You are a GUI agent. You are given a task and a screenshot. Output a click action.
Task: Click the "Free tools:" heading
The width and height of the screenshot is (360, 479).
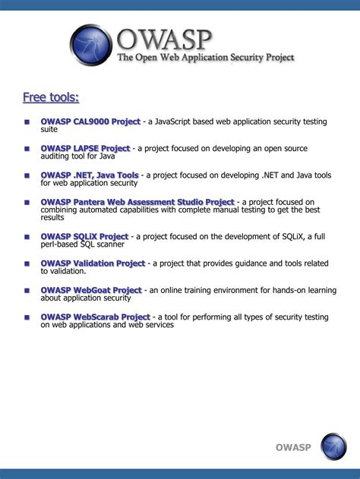click(x=50, y=97)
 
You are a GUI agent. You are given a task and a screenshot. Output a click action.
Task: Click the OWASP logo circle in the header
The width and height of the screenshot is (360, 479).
click(x=91, y=46)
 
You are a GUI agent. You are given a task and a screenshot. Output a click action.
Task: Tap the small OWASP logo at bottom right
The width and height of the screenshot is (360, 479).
click(x=333, y=446)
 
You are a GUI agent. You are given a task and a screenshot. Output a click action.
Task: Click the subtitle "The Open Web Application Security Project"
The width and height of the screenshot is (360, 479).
click(x=205, y=58)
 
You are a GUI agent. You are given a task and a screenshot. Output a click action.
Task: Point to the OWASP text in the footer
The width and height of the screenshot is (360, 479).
click(x=293, y=447)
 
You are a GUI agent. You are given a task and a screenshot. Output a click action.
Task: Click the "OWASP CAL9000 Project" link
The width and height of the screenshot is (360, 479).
click(x=90, y=121)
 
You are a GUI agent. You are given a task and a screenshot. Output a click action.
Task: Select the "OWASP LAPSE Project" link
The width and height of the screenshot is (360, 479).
click(x=85, y=148)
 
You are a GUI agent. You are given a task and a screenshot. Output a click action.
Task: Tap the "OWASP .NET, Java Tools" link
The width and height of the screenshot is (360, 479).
click(x=90, y=175)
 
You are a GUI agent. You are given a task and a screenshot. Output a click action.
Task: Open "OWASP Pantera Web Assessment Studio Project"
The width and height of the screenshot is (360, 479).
click(x=137, y=202)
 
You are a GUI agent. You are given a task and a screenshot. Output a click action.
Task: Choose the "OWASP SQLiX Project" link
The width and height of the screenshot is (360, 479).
click(x=84, y=236)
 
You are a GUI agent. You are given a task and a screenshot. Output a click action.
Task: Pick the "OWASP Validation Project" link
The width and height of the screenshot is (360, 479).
click(x=93, y=263)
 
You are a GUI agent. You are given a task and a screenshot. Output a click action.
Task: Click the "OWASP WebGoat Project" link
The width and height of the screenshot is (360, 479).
click(x=91, y=290)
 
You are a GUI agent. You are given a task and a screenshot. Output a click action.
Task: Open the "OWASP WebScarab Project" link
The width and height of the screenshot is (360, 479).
click(x=96, y=317)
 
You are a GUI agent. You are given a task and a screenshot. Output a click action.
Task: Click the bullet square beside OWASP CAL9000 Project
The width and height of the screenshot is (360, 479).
click(x=27, y=122)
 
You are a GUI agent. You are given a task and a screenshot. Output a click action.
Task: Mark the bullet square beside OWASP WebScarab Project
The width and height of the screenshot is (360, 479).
click(x=27, y=317)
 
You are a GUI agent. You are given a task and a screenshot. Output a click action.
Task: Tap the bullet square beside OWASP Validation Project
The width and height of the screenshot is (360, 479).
click(x=27, y=264)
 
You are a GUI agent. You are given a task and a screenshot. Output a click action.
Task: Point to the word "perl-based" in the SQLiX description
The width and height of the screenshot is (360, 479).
click(x=61, y=244)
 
